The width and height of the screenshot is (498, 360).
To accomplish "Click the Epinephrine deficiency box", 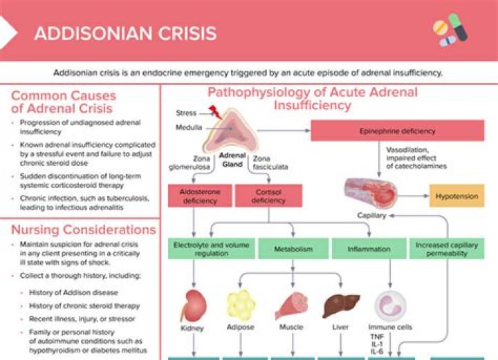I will (x=397, y=131).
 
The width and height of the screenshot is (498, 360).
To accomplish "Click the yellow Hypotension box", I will (x=456, y=196).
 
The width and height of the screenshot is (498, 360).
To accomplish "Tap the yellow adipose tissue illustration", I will (x=241, y=304).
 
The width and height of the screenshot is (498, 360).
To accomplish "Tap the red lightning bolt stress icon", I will (x=214, y=112).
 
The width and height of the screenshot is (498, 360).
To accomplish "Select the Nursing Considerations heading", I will (x=84, y=229).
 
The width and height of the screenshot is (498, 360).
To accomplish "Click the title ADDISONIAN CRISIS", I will (x=125, y=33).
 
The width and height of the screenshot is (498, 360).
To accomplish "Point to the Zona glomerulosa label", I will (x=187, y=163).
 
